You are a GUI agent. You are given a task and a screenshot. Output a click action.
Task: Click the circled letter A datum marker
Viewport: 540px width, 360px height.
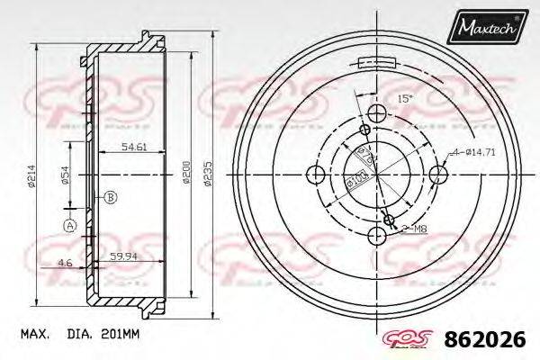pyautogui.click(x=69, y=226)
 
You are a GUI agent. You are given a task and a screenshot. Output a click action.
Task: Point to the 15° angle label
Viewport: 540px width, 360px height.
pyautogui.click(x=404, y=99)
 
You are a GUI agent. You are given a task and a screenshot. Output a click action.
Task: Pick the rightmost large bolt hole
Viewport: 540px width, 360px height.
pyautogui.click(x=437, y=174)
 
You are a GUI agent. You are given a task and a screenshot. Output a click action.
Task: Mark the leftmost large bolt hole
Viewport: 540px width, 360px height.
pyautogui.click(x=315, y=174)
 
